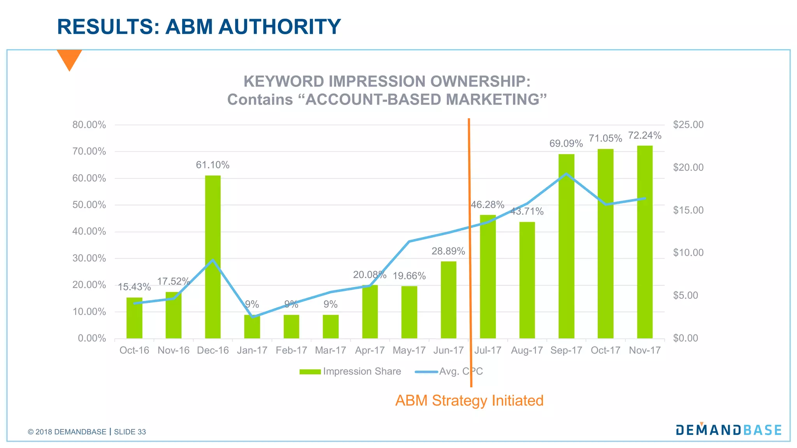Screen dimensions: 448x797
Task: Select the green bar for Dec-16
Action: tap(212, 257)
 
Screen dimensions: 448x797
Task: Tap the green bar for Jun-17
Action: tap(448, 300)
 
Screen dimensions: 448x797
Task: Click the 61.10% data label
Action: tap(212, 165)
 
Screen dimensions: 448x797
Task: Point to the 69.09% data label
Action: tap(566, 143)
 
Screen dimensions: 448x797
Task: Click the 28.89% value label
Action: tap(448, 251)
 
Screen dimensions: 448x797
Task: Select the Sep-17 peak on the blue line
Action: tap(566, 174)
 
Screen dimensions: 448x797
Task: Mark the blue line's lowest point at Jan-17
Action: tap(252, 317)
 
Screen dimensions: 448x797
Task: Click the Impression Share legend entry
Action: tap(350, 371)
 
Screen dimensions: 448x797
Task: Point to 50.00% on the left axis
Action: tap(89, 205)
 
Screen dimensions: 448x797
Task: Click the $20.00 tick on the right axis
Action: tap(688, 168)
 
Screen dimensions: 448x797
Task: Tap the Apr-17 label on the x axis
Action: tap(370, 350)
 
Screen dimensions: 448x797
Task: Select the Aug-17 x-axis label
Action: tap(527, 350)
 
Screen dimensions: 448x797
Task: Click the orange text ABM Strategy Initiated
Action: tap(469, 401)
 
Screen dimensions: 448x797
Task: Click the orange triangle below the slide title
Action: tap(69, 58)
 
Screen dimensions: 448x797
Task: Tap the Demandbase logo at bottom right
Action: tap(729, 430)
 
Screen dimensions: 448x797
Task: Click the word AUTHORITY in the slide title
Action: tap(279, 27)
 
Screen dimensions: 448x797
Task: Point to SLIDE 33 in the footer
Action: tap(130, 432)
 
